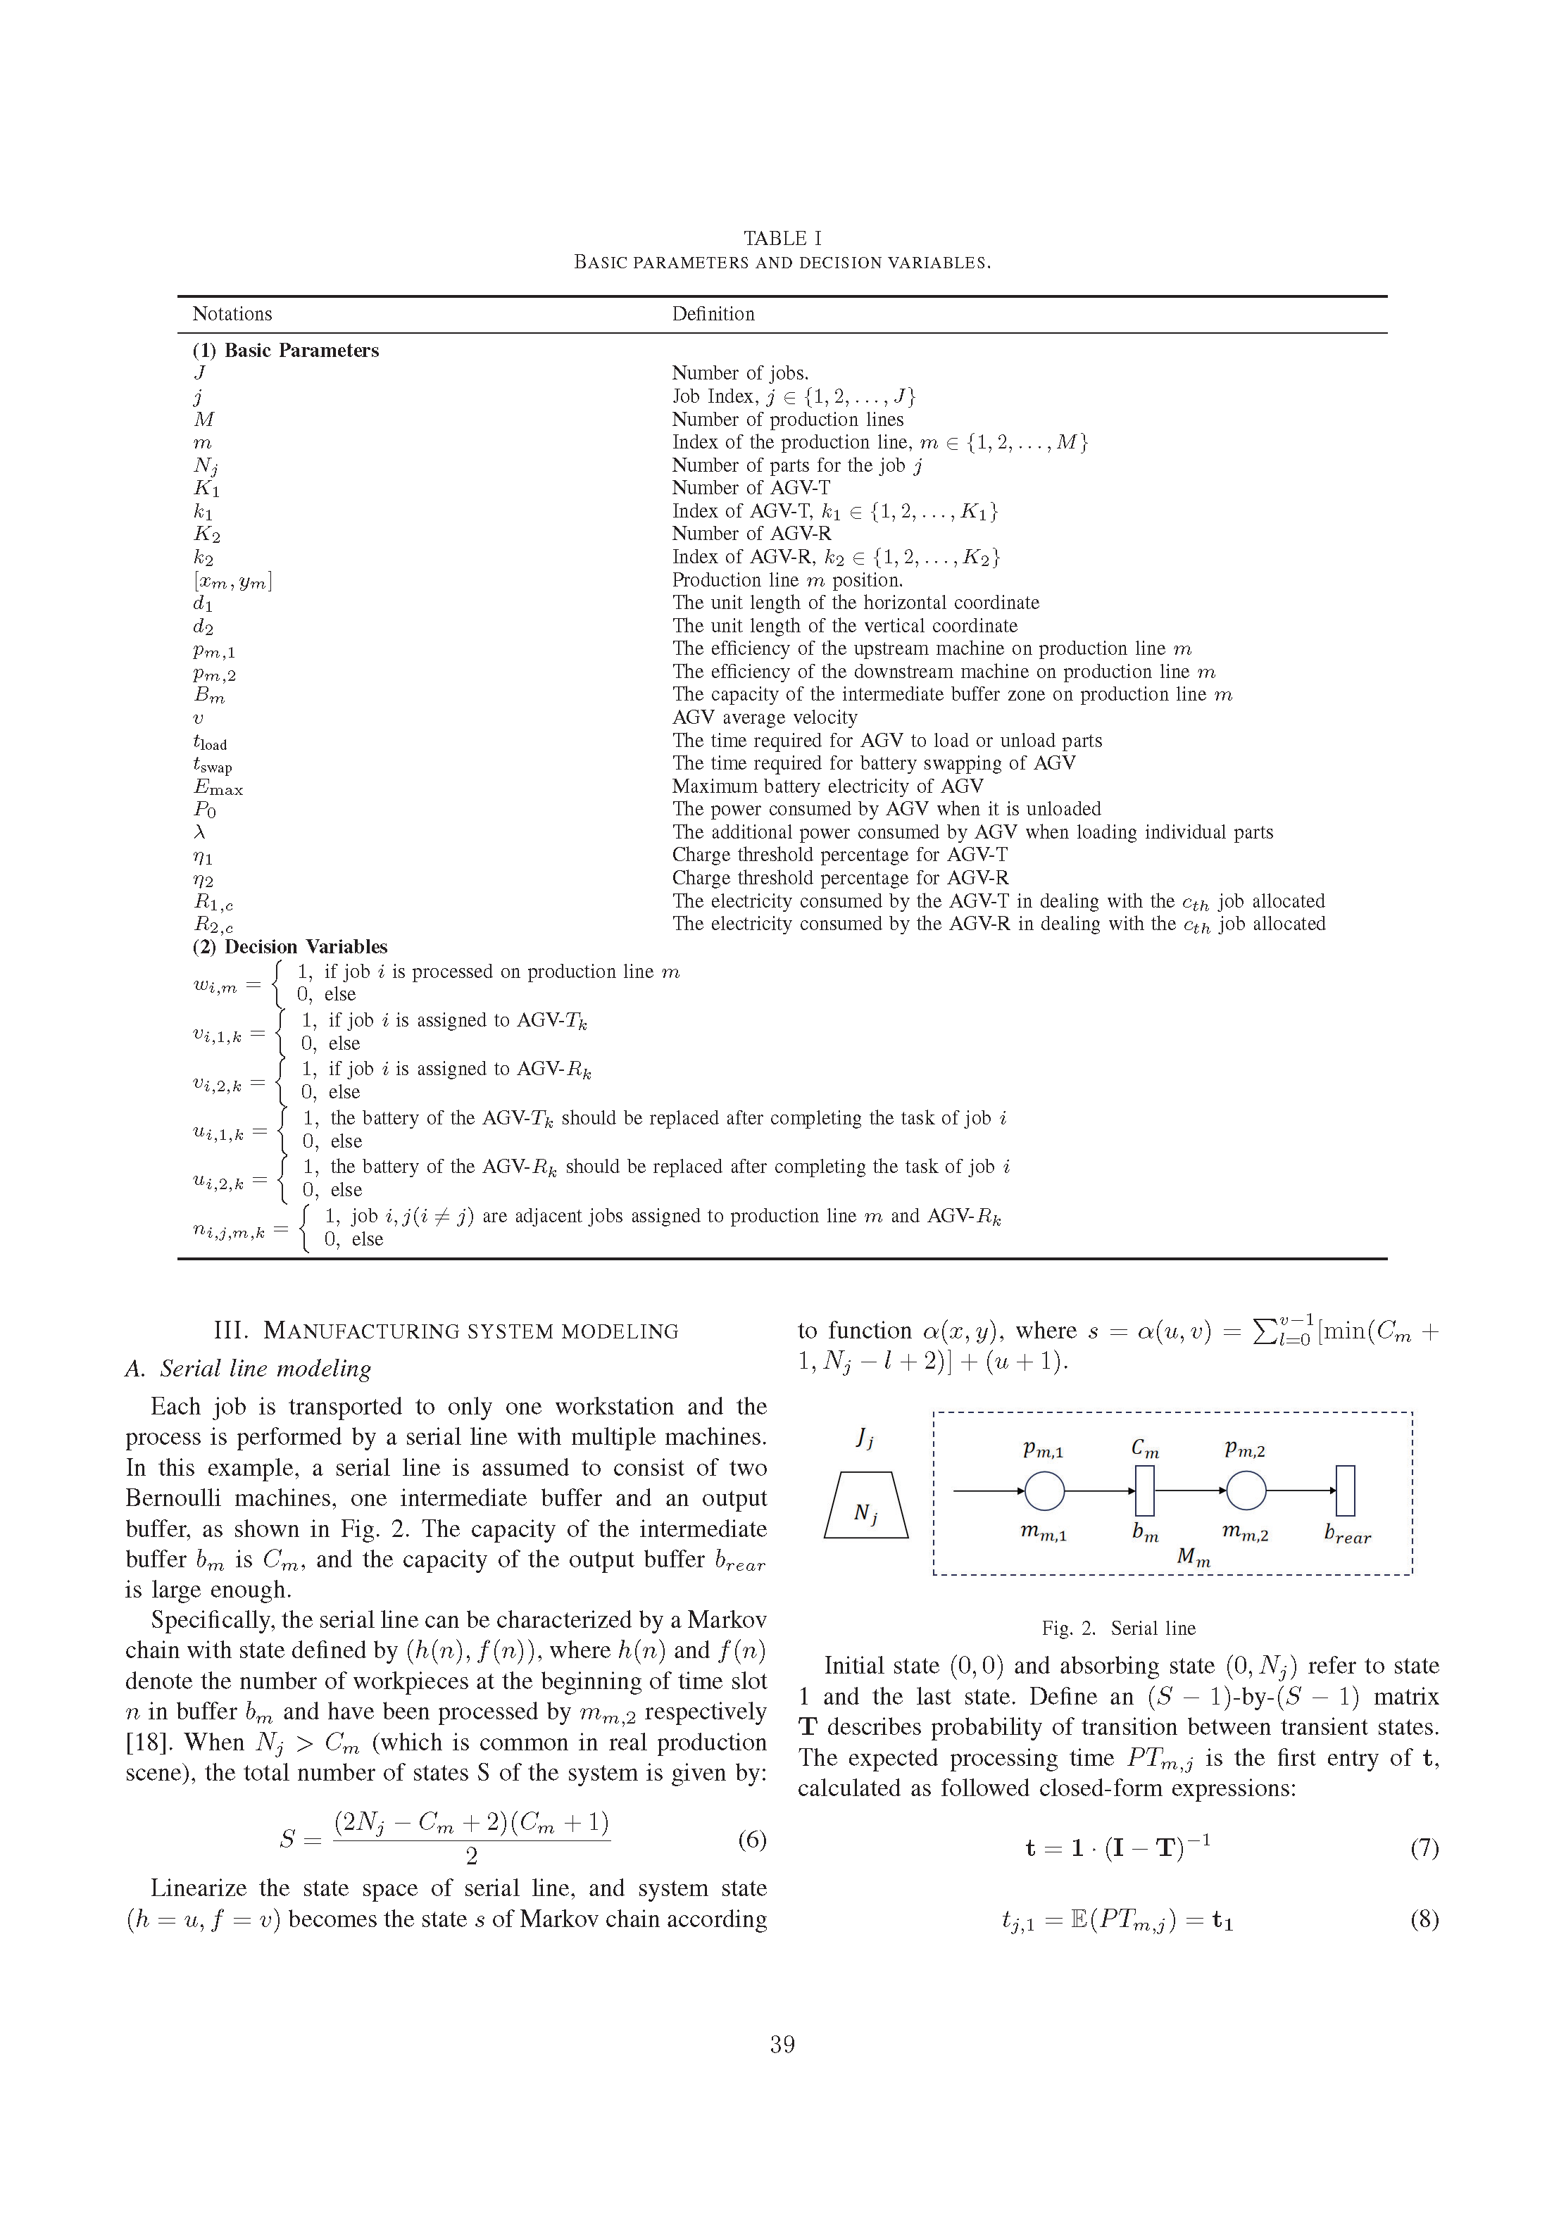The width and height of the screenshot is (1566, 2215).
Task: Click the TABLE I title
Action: [x=782, y=238]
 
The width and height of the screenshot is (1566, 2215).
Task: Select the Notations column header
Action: [x=232, y=313]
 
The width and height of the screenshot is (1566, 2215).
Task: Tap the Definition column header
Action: [x=713, y=313]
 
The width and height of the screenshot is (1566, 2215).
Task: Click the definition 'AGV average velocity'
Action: [x=764, y=717]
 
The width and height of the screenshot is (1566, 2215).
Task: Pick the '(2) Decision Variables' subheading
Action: [x=289, y=946]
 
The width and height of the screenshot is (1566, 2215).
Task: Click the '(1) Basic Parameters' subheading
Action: [x=286, y=350]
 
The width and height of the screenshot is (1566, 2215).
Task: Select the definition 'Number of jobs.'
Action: [x=740, y=373]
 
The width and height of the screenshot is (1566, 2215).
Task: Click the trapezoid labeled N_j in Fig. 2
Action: [x=865, y=1505]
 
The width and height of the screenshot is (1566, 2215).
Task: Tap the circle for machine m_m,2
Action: [x=1246, y=1491]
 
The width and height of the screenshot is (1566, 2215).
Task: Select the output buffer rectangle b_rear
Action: [x=1345, y=1491]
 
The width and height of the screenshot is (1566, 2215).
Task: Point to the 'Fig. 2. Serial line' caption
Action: [x=1118, y=1629]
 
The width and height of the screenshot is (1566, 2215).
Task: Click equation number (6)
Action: [x=751, y=1840]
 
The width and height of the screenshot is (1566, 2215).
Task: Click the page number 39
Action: [x=782, y=2044]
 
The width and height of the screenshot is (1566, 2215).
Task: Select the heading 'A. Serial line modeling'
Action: [x=248, y=1368]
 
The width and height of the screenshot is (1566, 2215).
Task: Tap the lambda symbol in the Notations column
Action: [x=200, y=832]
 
